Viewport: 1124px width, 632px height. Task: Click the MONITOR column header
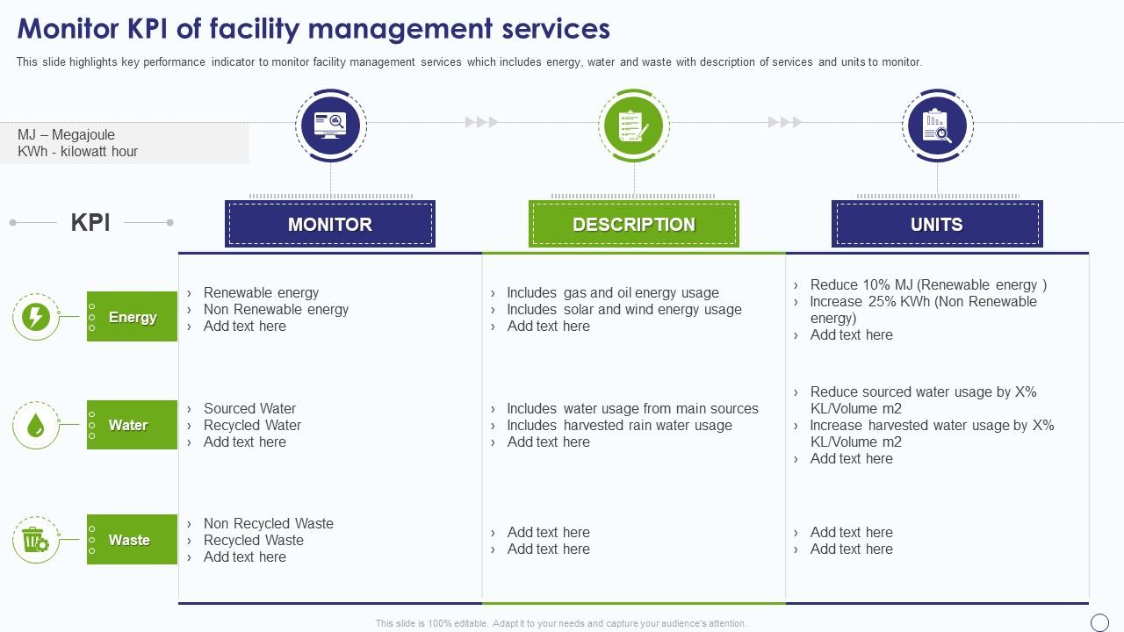click(x=330, y=224)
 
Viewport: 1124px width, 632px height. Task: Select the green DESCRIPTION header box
click(x=633, y=224)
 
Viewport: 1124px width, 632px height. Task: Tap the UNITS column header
click(x=936, y=224)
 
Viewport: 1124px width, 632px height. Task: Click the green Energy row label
click(x=133, y=317)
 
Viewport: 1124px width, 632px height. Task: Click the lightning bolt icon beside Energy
click(x=35, y=317)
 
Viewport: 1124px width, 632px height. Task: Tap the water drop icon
click(x=35, y=426)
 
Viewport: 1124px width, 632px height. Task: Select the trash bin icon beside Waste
click(x=35, y=540)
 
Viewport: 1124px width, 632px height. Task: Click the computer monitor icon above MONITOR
click(x=330, y=126)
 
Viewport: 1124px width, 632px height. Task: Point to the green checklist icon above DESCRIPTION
click(x=633, y=126)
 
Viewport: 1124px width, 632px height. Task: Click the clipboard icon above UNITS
click(x=937, y=126)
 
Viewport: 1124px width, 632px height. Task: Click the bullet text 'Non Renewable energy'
click(x=276, y=309)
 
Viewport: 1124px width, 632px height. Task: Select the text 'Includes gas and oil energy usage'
click(x=613, y=292)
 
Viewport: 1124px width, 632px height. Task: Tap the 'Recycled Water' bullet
click(x=252, y=425)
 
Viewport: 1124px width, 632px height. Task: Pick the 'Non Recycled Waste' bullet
click(x=268, y=523)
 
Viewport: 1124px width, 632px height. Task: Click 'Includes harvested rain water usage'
click(x=619, y=425)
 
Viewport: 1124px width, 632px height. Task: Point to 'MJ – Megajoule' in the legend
click(x=66, y=134)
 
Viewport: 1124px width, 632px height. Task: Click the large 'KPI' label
click(x=90, y=222)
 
